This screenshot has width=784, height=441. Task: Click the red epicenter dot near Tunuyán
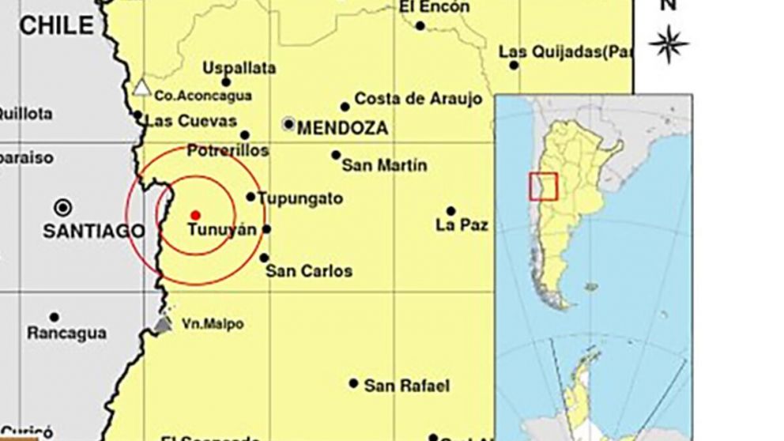pyautogui.click(x=195, y=215)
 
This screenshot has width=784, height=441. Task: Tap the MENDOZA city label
pyautogui.click(x=343, y=128)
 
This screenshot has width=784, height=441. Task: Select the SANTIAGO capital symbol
pyautogui.click(x=62, y=208)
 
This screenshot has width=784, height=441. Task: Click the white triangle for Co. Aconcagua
pyautogui.click(x=141, y=88)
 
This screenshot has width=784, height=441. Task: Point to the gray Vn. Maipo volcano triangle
pyautogui.click(x=163, y=324)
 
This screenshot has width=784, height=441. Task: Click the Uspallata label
pyautogui.click(x=239, y=68)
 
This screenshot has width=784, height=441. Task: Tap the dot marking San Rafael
pyautogui.click(x=354, y=383)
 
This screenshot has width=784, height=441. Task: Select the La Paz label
pyautogui.click(x=462, y=225)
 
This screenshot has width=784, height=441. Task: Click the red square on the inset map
pyautogui.click(x=544, y=186)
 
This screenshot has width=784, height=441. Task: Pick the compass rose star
pyautogui.click(x=669, y=43)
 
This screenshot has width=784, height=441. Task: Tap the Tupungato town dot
pyautogui.click(x=251, y=197)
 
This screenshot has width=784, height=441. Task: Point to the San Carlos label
pyautogui.click(x=309, y=271)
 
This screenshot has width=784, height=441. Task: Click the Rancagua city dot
pyautogui.click(x=54, y=318)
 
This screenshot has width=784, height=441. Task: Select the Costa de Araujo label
pyautogui.click(x=418, y=99)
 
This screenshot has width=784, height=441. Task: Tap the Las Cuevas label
pyautogui.click(x=192, y=121)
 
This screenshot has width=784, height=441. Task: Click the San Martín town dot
pyautogui.click(x=336, y=155)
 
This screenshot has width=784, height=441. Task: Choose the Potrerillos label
pyautogui.click(x=228, y=150)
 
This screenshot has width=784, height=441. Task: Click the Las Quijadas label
pyautogui.click(x=566, y=52)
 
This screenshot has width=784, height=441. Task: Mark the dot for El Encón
pyautogui.click(x=420, y=25)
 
